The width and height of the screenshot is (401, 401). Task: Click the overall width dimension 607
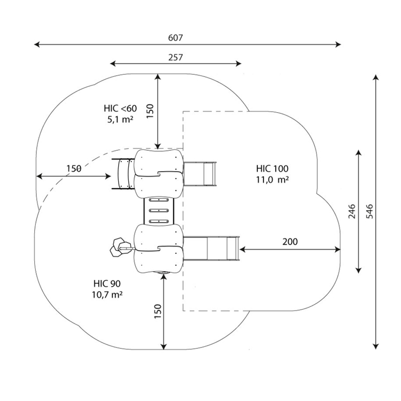point(176,38)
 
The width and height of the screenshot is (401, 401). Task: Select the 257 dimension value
point(176,58)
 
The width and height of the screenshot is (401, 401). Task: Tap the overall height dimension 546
point(369,211)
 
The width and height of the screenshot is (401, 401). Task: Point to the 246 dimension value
point(352,211)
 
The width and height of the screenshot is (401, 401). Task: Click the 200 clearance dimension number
point(290,242)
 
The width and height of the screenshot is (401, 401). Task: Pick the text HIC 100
point(272,169)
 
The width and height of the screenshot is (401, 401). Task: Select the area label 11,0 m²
point(273,180)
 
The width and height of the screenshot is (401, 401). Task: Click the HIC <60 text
point(120,109)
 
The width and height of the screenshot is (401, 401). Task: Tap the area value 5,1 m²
point(120,119)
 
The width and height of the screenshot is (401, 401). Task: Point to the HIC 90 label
point(107,283)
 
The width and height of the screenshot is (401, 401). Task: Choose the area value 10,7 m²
point(107,295)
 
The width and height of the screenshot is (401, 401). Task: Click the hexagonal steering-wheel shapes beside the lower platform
point(118,247)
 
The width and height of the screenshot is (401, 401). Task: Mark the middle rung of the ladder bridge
point(159,211)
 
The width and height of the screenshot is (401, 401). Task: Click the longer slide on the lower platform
point(212,248)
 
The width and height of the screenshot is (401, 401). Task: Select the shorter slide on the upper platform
point(200,174)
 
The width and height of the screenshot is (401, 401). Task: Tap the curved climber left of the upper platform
point(124,174)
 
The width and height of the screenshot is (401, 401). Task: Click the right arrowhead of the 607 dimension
point(338,44)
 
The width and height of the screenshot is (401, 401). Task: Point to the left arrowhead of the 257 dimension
point(113,64)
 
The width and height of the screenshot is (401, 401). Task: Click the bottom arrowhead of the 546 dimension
point(375,346)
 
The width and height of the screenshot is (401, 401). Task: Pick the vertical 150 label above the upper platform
point(150,111)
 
